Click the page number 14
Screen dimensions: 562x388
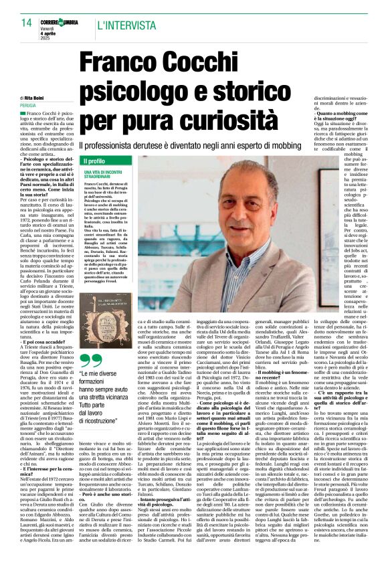coord(25,23)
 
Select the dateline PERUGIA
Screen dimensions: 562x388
coord(28,106)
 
